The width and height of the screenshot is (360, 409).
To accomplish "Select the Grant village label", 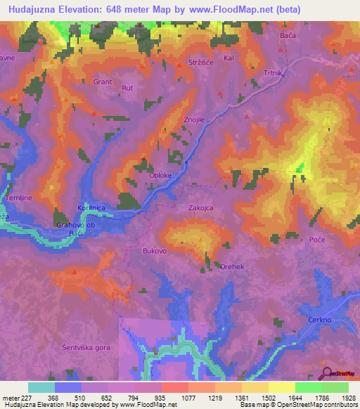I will (103, 82).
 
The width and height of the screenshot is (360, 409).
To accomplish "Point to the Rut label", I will (128, 88).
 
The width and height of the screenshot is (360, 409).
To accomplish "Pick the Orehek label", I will (232, 267).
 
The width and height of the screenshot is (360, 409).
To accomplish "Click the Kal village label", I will (228, 59).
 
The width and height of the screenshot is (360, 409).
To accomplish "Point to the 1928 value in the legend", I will (347, 398).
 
